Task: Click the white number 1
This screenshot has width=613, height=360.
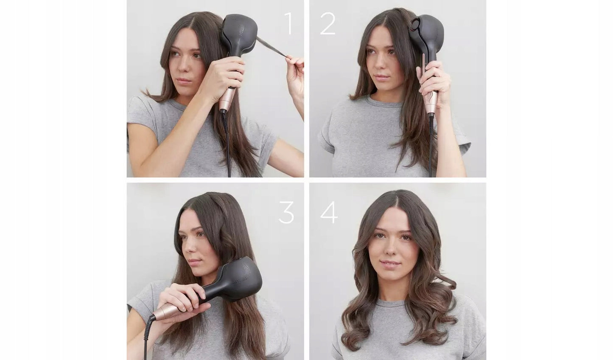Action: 288,23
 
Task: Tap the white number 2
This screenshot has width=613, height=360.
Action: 327,23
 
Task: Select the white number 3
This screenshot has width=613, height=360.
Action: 286,212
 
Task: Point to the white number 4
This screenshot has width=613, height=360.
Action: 329,212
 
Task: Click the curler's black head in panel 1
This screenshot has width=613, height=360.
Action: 239,36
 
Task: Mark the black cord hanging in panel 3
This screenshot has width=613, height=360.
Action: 148,337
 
